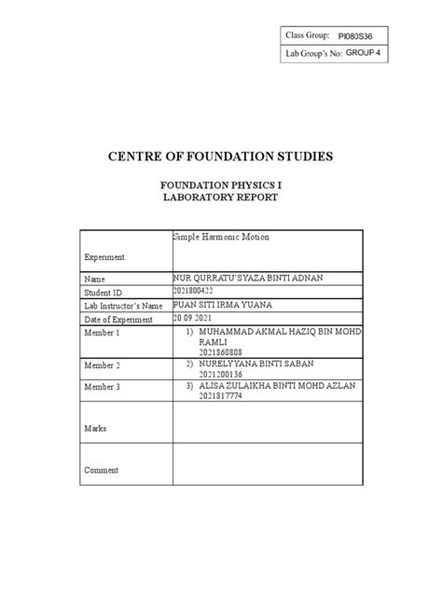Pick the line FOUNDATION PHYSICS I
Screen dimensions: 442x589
(x=220, y=185)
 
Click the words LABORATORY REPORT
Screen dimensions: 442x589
(x=220, y=199)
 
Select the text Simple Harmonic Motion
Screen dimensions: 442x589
(x=222, y=238)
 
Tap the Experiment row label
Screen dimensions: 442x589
(x=105, y=256)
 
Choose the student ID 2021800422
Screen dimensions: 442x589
(x=200, y=292)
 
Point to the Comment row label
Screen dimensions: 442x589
(x=102, y=471)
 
